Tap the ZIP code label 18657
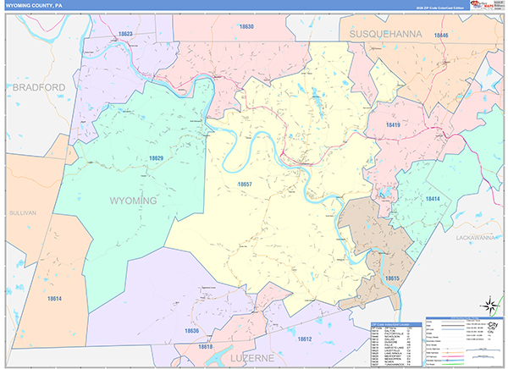[244, 184]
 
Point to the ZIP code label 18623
[125, 34]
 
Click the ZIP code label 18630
[246, 27]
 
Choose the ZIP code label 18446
[440, 36]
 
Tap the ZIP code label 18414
[433, 198]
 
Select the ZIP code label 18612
[305, 339]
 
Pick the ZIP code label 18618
[206, 347]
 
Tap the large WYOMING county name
[133, 201]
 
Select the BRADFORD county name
[39, 88]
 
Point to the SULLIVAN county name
[25, 213]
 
